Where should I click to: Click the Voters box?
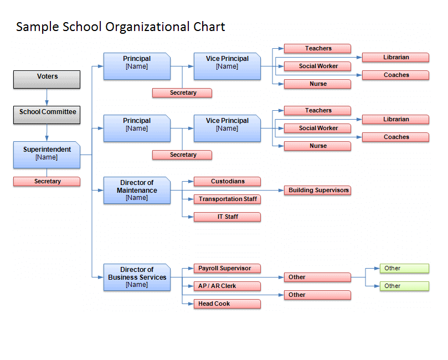pyautogui.click(x=47, y=79)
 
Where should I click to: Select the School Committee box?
pyautogui.click(x=47, y=115)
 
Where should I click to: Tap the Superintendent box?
pyautogui.click(x=47, y=155)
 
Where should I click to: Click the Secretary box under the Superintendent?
pyautogui.click(x=47, y=182)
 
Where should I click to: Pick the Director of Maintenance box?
pyautogui.click(x=137, y=191)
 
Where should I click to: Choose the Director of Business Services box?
pyautogui.click(x=137, y=277)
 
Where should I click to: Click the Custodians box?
pyautogui.click(x=228, y=182)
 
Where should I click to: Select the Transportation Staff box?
pyautogui.click(x=228, y=199)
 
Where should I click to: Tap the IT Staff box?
pyautogui.click(x=228, y=217)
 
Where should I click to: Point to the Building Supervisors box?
pyautogui.click(x=318, y=191)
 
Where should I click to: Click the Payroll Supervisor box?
pyautogui.click(x=228, y=268)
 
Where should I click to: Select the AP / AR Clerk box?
pyautogui.click(x=228, y=286)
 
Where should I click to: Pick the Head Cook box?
pyautogui.click(x=228, y=304)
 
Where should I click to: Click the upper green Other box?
pyautogui.click(x=405, y=268)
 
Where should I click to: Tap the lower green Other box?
pyautogui.click(x=405, y=286)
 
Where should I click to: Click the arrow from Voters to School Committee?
pyautogui.click(x=47, y=97)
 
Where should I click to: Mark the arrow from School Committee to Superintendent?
pyautogui.click(x=47, y=132)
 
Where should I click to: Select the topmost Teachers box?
pyautogui.click(x=318, y=49)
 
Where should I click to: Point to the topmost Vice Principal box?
pyautogui.click(x=228, y=66)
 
